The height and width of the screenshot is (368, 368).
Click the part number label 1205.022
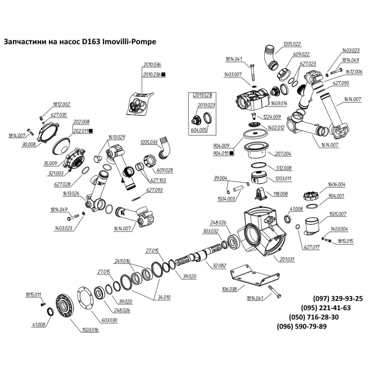292,44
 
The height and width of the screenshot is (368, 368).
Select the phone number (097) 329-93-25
338,299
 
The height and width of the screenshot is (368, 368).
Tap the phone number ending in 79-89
301,327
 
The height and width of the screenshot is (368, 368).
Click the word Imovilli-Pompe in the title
128,42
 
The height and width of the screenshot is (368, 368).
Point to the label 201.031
287,260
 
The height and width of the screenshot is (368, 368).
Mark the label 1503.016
91,330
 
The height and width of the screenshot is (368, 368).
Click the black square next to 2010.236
163,74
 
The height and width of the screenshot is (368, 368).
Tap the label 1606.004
336,184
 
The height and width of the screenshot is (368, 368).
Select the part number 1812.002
61,105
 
